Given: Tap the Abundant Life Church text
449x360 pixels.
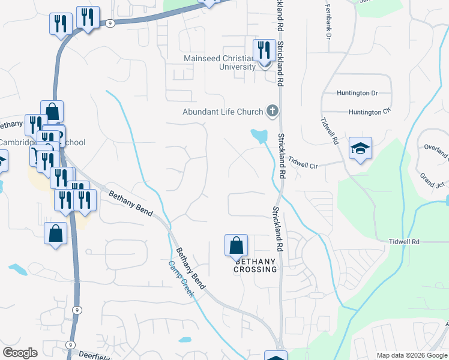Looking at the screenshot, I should [x=223, y=112].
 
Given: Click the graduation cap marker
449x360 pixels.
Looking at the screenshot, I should [x=360, y=149].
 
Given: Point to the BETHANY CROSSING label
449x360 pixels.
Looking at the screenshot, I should [x=256, y=265].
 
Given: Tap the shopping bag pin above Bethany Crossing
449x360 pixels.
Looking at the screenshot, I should [x=236, y=246].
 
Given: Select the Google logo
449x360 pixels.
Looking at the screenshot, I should [x=20, y=353].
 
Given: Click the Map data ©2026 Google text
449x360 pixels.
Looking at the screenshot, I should [x=411, y=355].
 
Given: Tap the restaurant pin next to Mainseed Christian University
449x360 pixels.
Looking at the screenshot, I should [x=264, y=50].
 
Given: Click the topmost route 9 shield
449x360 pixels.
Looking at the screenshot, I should [x=110, y=23].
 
